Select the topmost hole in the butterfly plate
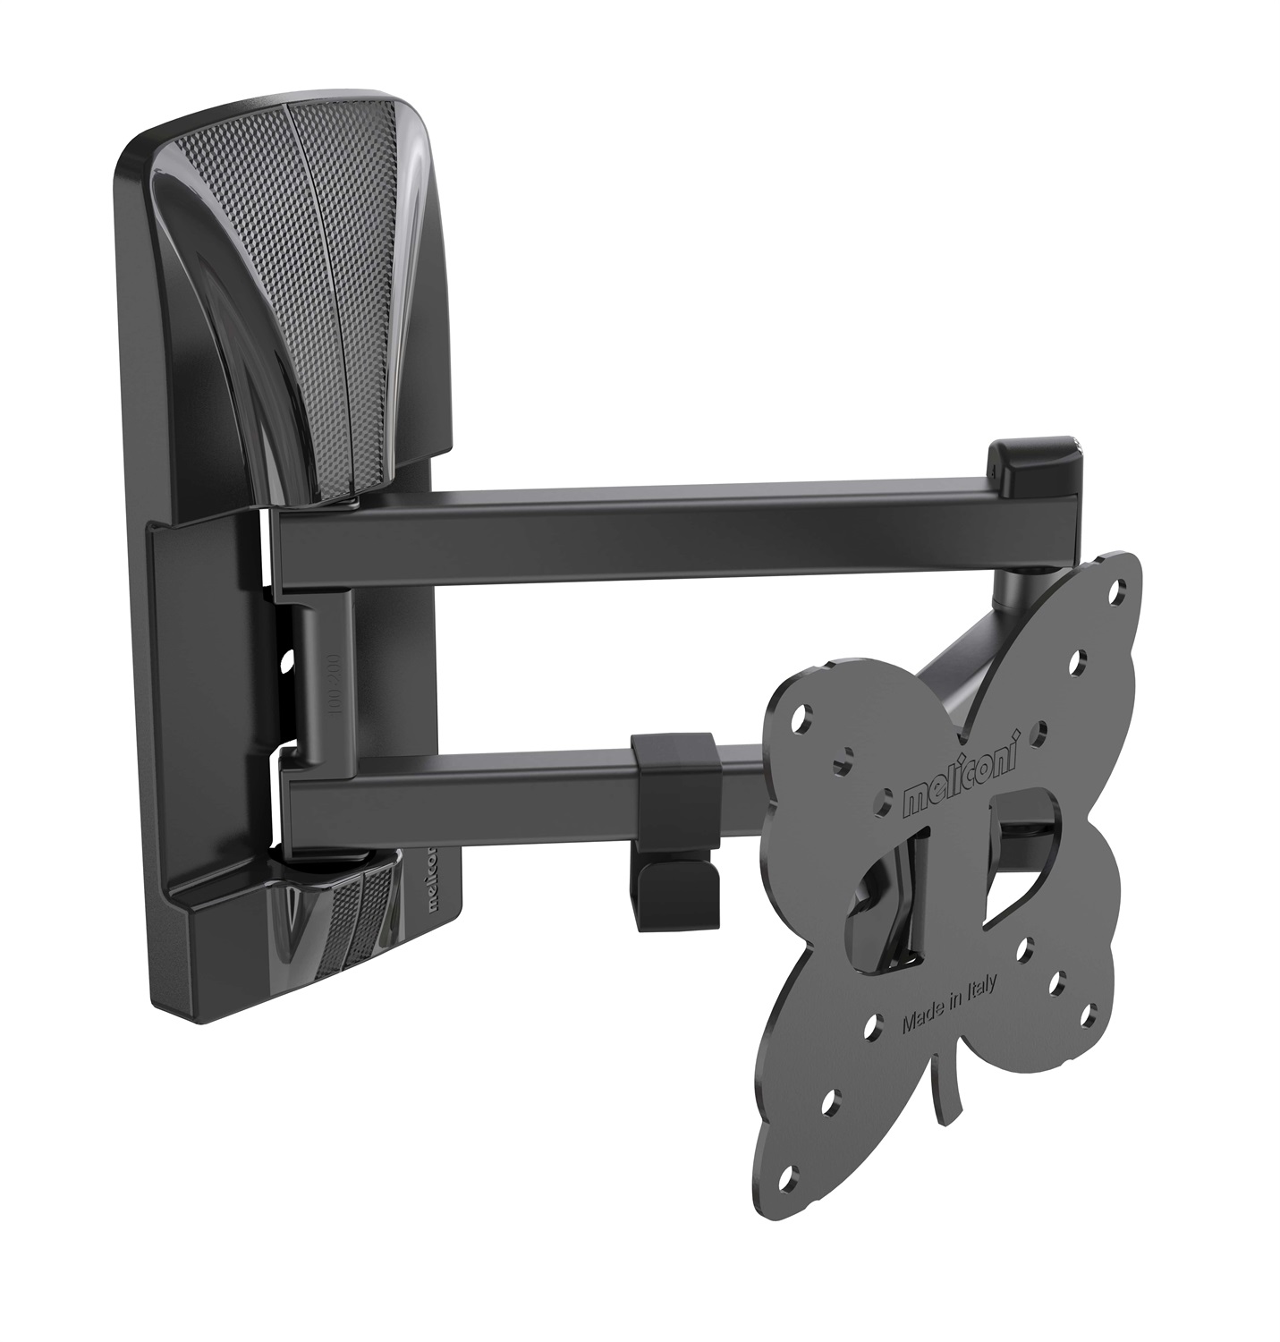(x=1115, y=591)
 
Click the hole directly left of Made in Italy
(x=868, y=1032)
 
